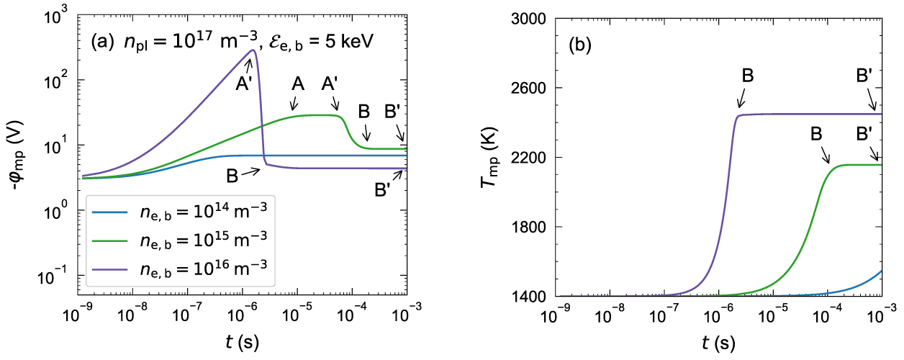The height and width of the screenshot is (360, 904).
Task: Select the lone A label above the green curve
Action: point(298,84)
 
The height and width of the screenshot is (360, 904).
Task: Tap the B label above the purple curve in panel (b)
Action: point(747,76)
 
